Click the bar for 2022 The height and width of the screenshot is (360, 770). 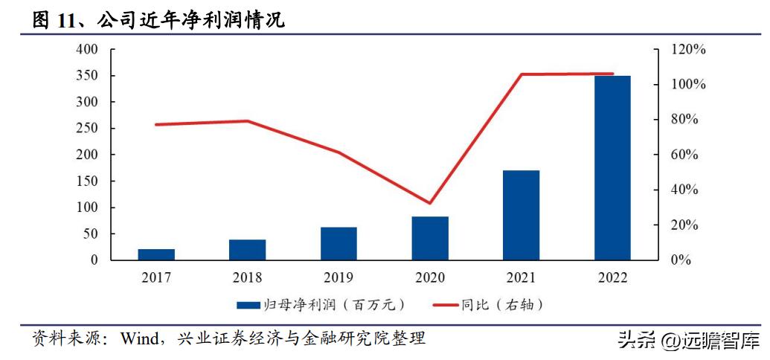(612, 168)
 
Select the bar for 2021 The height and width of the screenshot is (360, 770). (521, 216)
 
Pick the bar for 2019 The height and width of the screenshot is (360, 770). (339, 243)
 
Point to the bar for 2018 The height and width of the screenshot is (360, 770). (248, 250)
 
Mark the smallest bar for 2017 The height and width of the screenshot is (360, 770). (156, 254)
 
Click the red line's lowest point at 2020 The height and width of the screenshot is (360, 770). (430, 203)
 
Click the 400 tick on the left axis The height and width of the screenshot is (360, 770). (88, 49)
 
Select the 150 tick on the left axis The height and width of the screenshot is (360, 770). (88, 181)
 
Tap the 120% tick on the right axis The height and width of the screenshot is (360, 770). (689, 49)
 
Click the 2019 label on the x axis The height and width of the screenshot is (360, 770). (339, 278)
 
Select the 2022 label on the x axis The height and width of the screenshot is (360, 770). (612, 278)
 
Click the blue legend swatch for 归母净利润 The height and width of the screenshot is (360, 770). (247, 305)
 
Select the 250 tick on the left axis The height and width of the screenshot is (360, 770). (88, 129)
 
